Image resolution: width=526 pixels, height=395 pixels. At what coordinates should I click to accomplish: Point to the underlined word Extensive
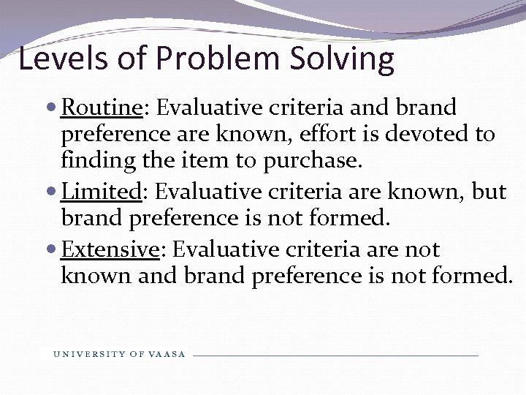pos(110,249)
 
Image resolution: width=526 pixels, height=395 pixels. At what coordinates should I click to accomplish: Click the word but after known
pos(487,192)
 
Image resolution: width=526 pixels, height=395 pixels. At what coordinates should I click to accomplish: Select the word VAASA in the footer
pos(167,355)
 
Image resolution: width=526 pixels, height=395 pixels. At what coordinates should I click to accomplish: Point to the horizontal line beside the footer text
pos(335,355)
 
